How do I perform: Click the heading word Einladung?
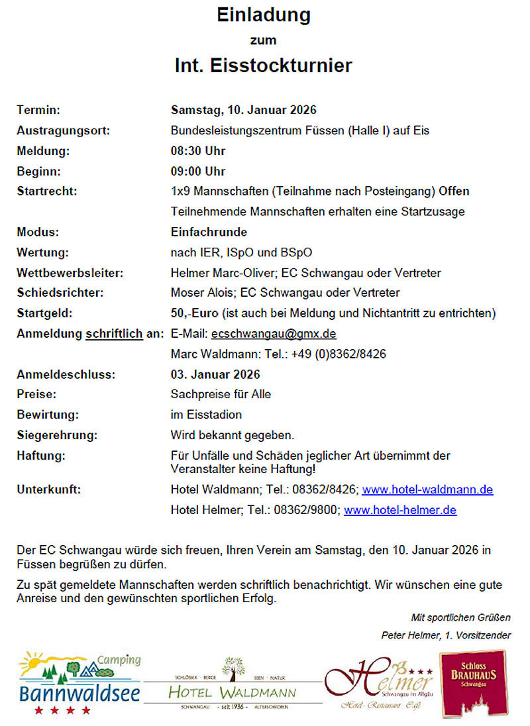[x=264, y=15]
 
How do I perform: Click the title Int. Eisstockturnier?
[x=264, y=66]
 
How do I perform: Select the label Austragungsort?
[x=64, y=130]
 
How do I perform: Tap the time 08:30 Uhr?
[x=198, y=151]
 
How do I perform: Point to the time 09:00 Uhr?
[x=198, y=172]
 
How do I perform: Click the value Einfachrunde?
[x=209, y=232]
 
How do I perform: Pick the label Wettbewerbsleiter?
[x=70, y=272]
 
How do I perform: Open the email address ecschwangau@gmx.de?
[x=274, y=333]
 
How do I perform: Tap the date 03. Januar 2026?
[x=215, y=374]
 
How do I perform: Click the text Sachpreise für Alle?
[x=221, y=394]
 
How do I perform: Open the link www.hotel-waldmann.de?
[x=427, y=490]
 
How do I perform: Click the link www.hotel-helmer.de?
[x=400, y=510]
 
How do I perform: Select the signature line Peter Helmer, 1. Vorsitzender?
[x=446, y=635]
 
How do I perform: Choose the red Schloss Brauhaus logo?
[x=473, y=683]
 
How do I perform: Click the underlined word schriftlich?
[x=114, y=333]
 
